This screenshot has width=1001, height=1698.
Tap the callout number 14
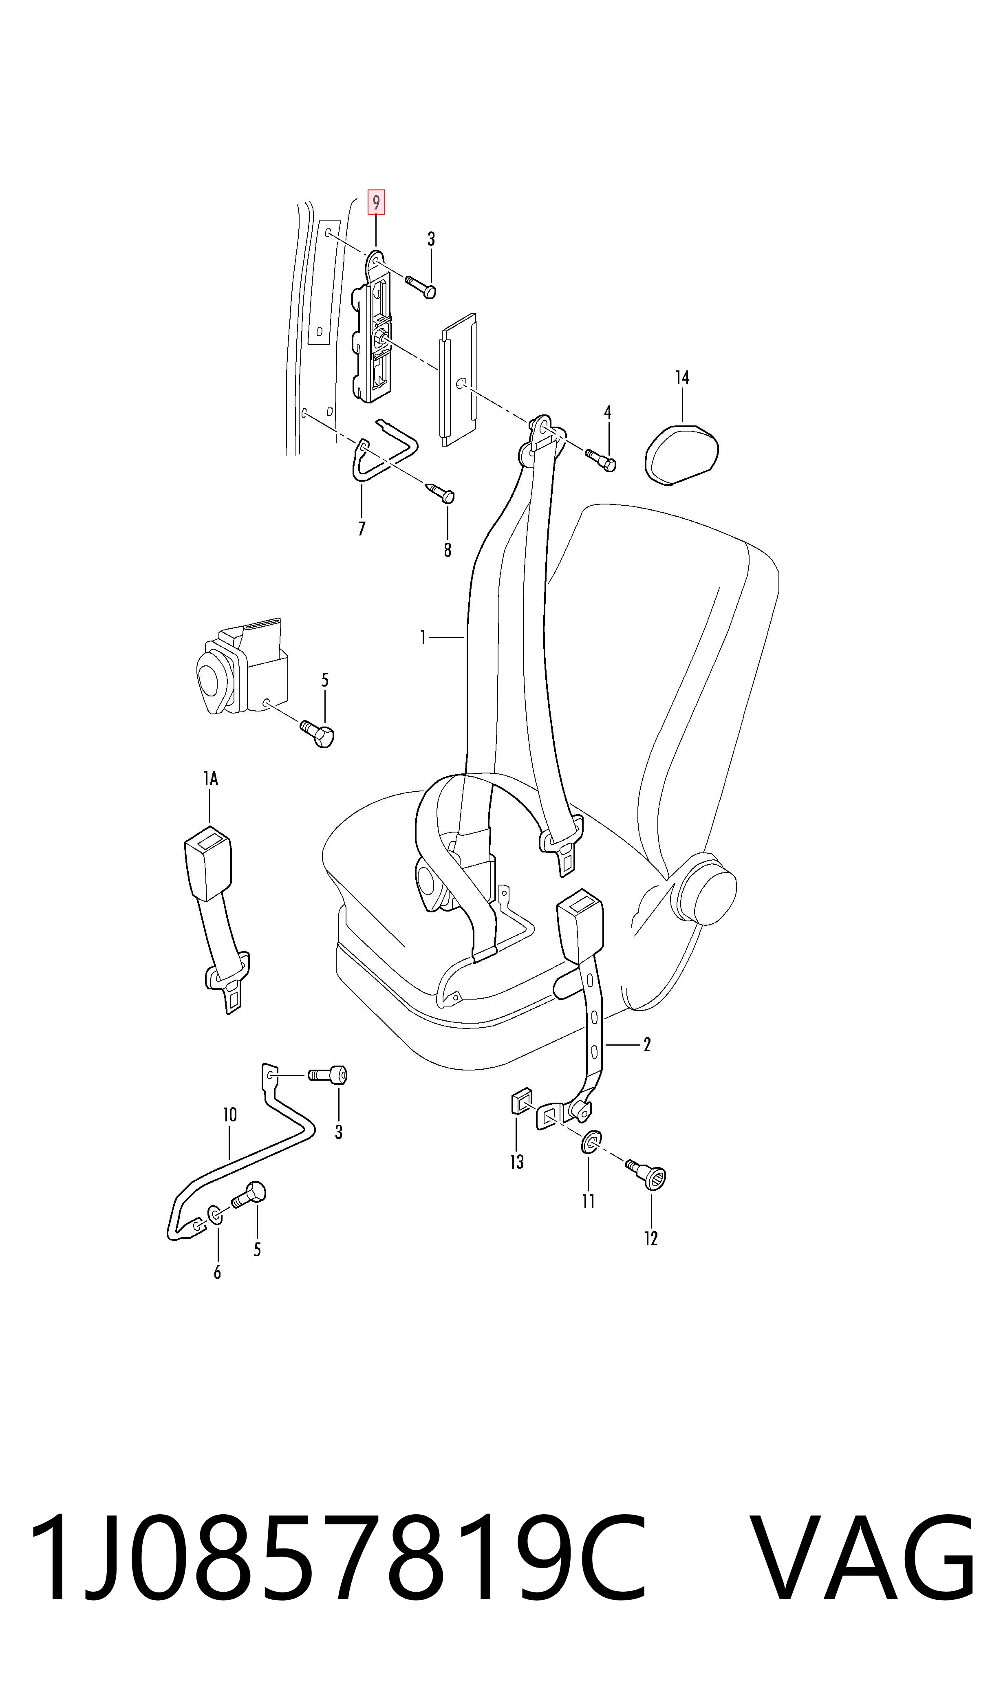pos(682,378)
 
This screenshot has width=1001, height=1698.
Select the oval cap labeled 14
pos(681,454)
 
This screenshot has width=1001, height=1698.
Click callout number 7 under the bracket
pos(362,529)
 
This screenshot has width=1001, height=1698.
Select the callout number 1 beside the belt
pos(423,637)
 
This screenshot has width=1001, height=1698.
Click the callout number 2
pos(647,1044)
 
